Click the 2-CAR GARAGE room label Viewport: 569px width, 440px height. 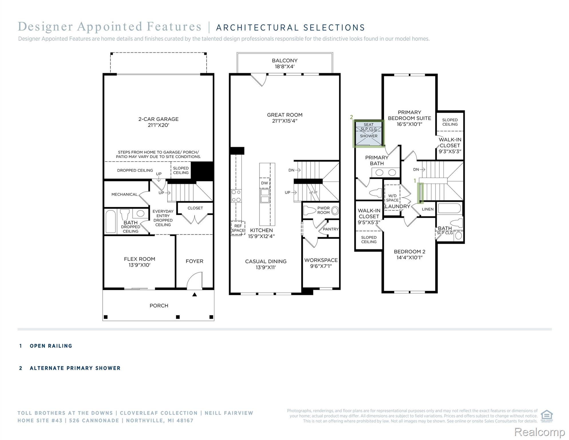[x=158, y=122]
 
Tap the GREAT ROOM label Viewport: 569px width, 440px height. [x=284, y=118]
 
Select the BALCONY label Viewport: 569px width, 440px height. [x=284, y=63]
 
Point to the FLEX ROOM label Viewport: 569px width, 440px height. [x=139, y=262]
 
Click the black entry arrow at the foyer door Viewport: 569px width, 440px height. [x=195, y=294]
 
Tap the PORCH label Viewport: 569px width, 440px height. [x=159, y=306]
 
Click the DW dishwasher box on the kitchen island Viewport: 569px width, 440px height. [x=264, y=183]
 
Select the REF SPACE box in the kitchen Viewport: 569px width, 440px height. [x=238, y=228]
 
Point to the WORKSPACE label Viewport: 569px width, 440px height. [x=321, y=263]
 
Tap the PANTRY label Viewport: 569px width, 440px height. [x=331, y=229]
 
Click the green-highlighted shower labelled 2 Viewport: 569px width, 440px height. [x=369, y=134]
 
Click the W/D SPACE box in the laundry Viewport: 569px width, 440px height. [x=392, y=198]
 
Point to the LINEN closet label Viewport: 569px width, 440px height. [x=428, y=209]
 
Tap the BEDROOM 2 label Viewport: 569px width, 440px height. [x=409, y=254]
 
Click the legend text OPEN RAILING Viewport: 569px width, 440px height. [x=51, y=346]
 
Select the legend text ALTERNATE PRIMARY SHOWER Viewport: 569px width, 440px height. [x=75, y=368]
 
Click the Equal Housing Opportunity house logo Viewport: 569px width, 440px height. [x=547, y=416]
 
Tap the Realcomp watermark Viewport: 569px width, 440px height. [x=540, y=432]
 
